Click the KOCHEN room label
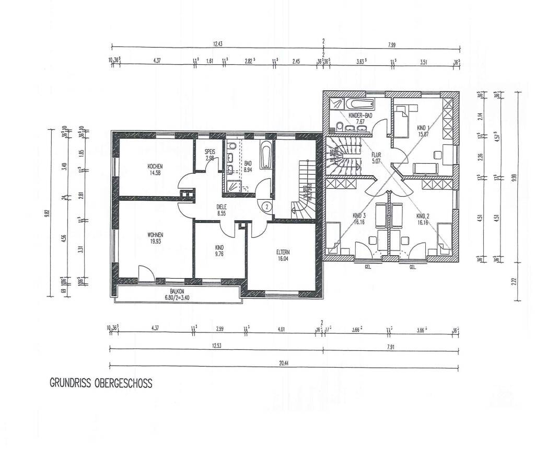155,166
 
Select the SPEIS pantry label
210,151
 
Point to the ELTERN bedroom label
283,252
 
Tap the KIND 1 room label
423,128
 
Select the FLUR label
377,155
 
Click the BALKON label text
178,292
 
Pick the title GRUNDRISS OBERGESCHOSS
101,383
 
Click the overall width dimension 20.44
282,360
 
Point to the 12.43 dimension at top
217,44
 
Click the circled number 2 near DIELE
266,206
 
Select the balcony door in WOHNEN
146,273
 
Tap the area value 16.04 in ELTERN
283,258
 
